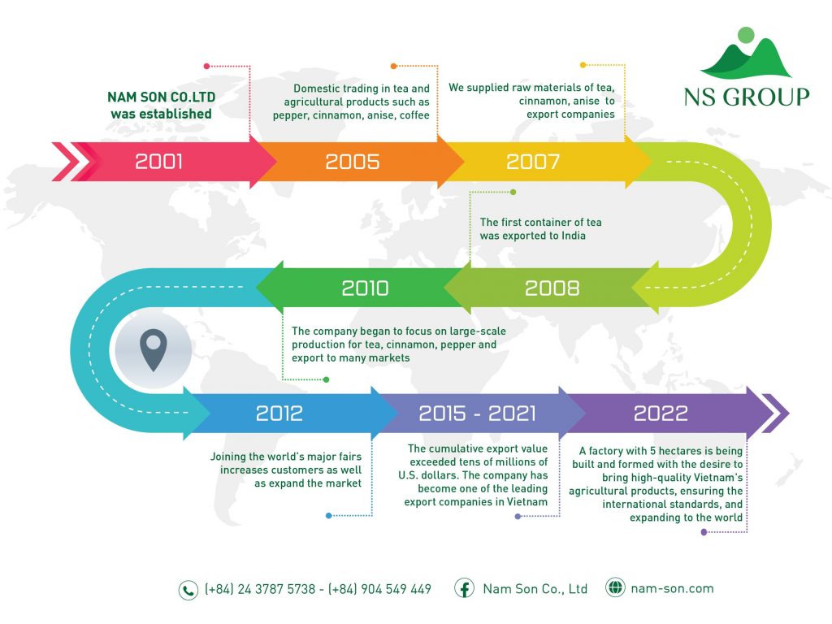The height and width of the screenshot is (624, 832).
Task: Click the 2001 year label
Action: point(158,162)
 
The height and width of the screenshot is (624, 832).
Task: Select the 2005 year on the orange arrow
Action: point(353,162)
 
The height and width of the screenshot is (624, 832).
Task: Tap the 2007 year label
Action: point(533,162)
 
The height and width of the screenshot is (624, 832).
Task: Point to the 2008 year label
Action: point(552,288)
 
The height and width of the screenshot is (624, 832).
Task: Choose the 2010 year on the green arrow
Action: point(365,288)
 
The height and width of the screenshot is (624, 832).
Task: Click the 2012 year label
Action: point(279,414)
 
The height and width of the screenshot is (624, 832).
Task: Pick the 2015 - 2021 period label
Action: point(477,414)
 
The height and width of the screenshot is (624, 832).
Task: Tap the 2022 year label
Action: point(661,414)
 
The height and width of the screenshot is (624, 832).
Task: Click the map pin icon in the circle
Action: point(154,349)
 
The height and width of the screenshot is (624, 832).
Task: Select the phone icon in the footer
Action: point(188,590)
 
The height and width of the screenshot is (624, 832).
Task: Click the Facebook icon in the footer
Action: point(464,588)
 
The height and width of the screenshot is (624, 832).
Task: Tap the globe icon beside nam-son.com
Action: point(615,587)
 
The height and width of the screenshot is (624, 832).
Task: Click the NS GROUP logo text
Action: point(747,97)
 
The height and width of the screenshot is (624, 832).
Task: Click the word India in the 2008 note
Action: point(573,236)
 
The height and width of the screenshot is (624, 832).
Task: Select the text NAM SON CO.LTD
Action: point(162,97)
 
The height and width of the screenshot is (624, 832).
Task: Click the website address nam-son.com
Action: point(672,588)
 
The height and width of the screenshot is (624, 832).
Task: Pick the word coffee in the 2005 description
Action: point(414,115)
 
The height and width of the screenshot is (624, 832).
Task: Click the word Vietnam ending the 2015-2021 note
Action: point(526,502)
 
